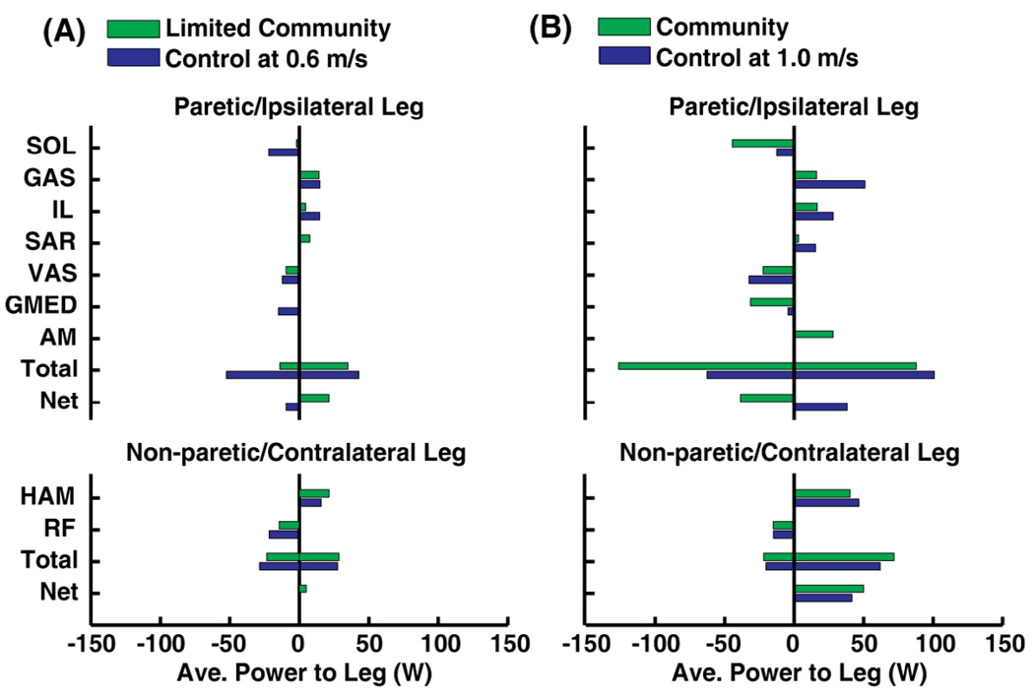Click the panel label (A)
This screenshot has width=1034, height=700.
63,31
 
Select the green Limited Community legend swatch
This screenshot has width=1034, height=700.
132,26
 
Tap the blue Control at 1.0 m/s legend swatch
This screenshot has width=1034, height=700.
623,57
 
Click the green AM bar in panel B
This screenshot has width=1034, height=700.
813,334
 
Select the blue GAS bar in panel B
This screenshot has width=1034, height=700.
829,184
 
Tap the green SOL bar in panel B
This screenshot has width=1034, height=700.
762,143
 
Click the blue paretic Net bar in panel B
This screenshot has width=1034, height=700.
820,407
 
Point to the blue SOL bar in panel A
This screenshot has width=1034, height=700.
284,153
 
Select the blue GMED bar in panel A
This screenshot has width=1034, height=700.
289,311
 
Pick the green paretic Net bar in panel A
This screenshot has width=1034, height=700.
314,398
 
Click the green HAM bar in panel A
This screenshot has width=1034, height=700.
314,493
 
